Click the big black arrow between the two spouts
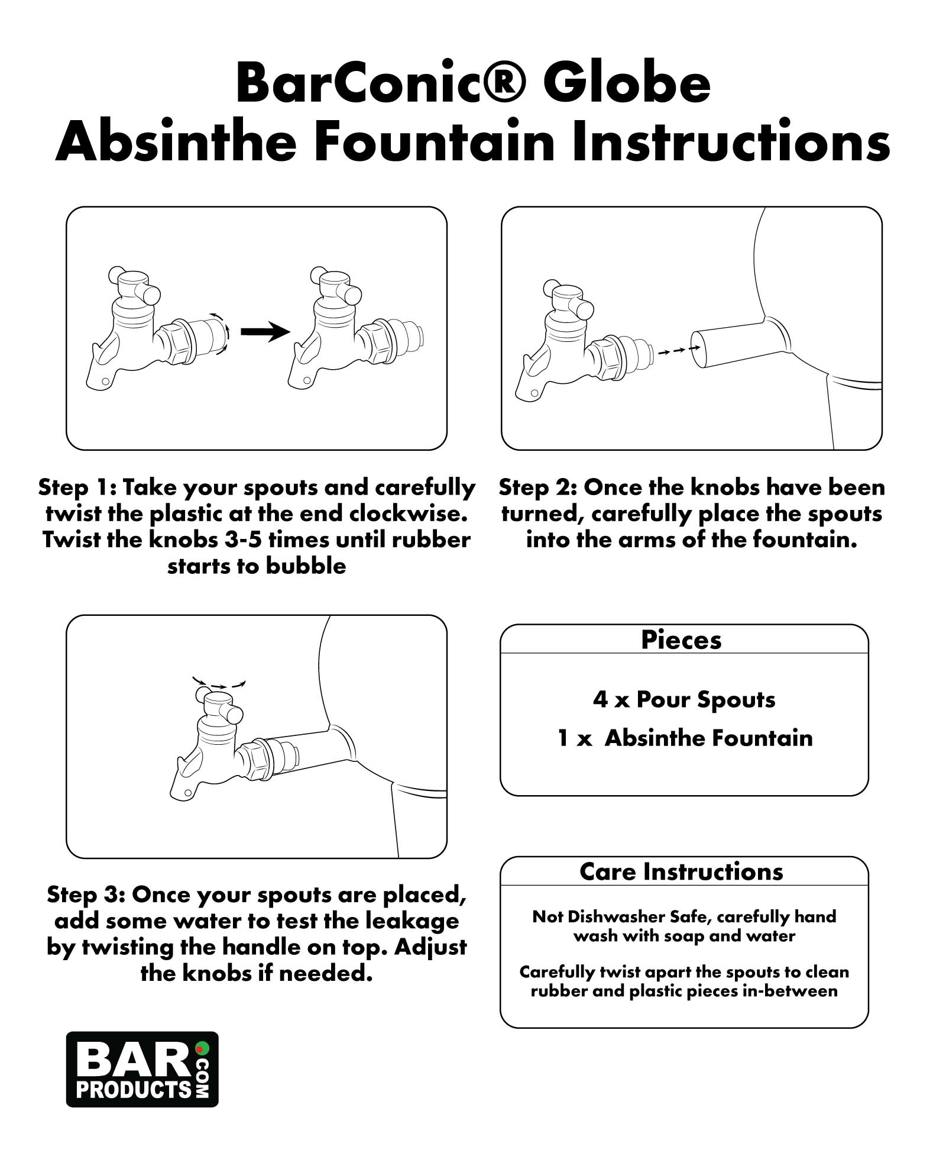click(x=265, y=332)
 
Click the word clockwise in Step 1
click(x=413, y=514)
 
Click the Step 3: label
click(x=86, y=895)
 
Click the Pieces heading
click(x=681, y=640)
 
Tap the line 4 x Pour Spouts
click(x=684, y=700)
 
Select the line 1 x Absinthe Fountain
click(x=685, y=738)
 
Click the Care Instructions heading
click(x=681, y=872)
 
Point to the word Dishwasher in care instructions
click(x=618, y=917)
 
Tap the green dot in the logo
click(x=202, y=1048)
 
